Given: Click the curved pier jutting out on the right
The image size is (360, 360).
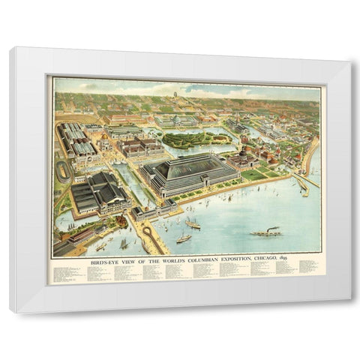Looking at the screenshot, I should pyautogui.click(x=301, y=184).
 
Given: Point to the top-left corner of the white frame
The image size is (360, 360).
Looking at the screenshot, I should pyautogui.click(x=10, y=48).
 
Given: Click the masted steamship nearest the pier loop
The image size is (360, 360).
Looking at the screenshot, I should pyautogui.click(x=183, y=237).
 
